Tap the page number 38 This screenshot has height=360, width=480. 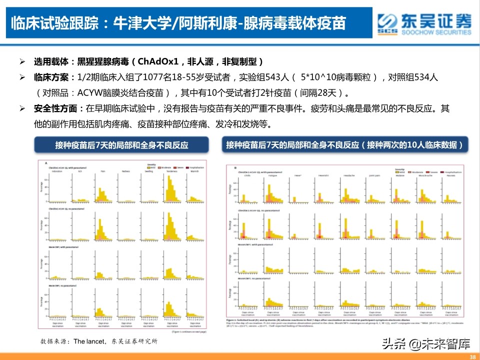point(473,356)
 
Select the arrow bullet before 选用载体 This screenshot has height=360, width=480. point(22,62)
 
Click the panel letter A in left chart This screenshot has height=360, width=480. point(46,163)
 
